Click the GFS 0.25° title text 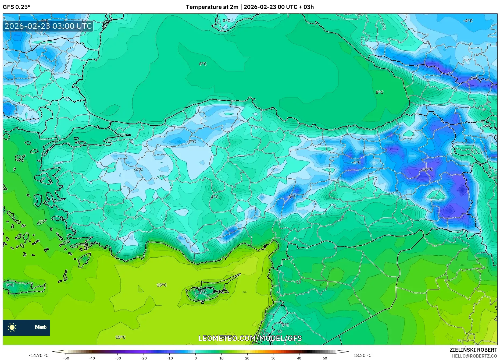tap(16, 7)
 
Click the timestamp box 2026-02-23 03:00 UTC tap(48, 26)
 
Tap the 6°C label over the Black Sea tap(203, 64)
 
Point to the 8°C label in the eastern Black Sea tap(379, 92)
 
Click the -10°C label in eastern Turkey tap(427, 169)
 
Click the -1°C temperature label tap(191, 142)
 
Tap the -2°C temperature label tap(138, 169)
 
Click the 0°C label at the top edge tap(226, 20)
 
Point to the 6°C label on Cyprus tap(203, 292)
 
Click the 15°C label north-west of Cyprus tap(162, 285)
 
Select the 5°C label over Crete tap(10, 285)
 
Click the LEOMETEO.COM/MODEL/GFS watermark tap(250, 338)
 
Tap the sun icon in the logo tap(12, 327)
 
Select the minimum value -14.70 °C tap(39, 355)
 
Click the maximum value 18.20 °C tap(362, 355)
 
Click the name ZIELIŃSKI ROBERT tap(473, 350)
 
